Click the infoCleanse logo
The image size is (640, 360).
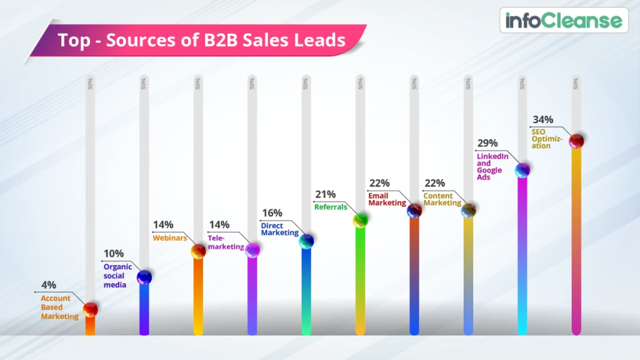click(x=564, y=21)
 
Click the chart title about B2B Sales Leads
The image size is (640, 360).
click(x=201, y=41)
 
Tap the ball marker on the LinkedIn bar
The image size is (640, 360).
click(x=522, y=169)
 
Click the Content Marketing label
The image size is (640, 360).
click(x=442, y=199)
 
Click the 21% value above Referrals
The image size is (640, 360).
click(x=326, y=194)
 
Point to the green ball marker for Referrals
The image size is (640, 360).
click(x=360, y=219)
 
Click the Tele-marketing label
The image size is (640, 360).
click(x=226, y=242)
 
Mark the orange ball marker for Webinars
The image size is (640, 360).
click(x=198, y=251)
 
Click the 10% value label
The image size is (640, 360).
click(x=114, y=253)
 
